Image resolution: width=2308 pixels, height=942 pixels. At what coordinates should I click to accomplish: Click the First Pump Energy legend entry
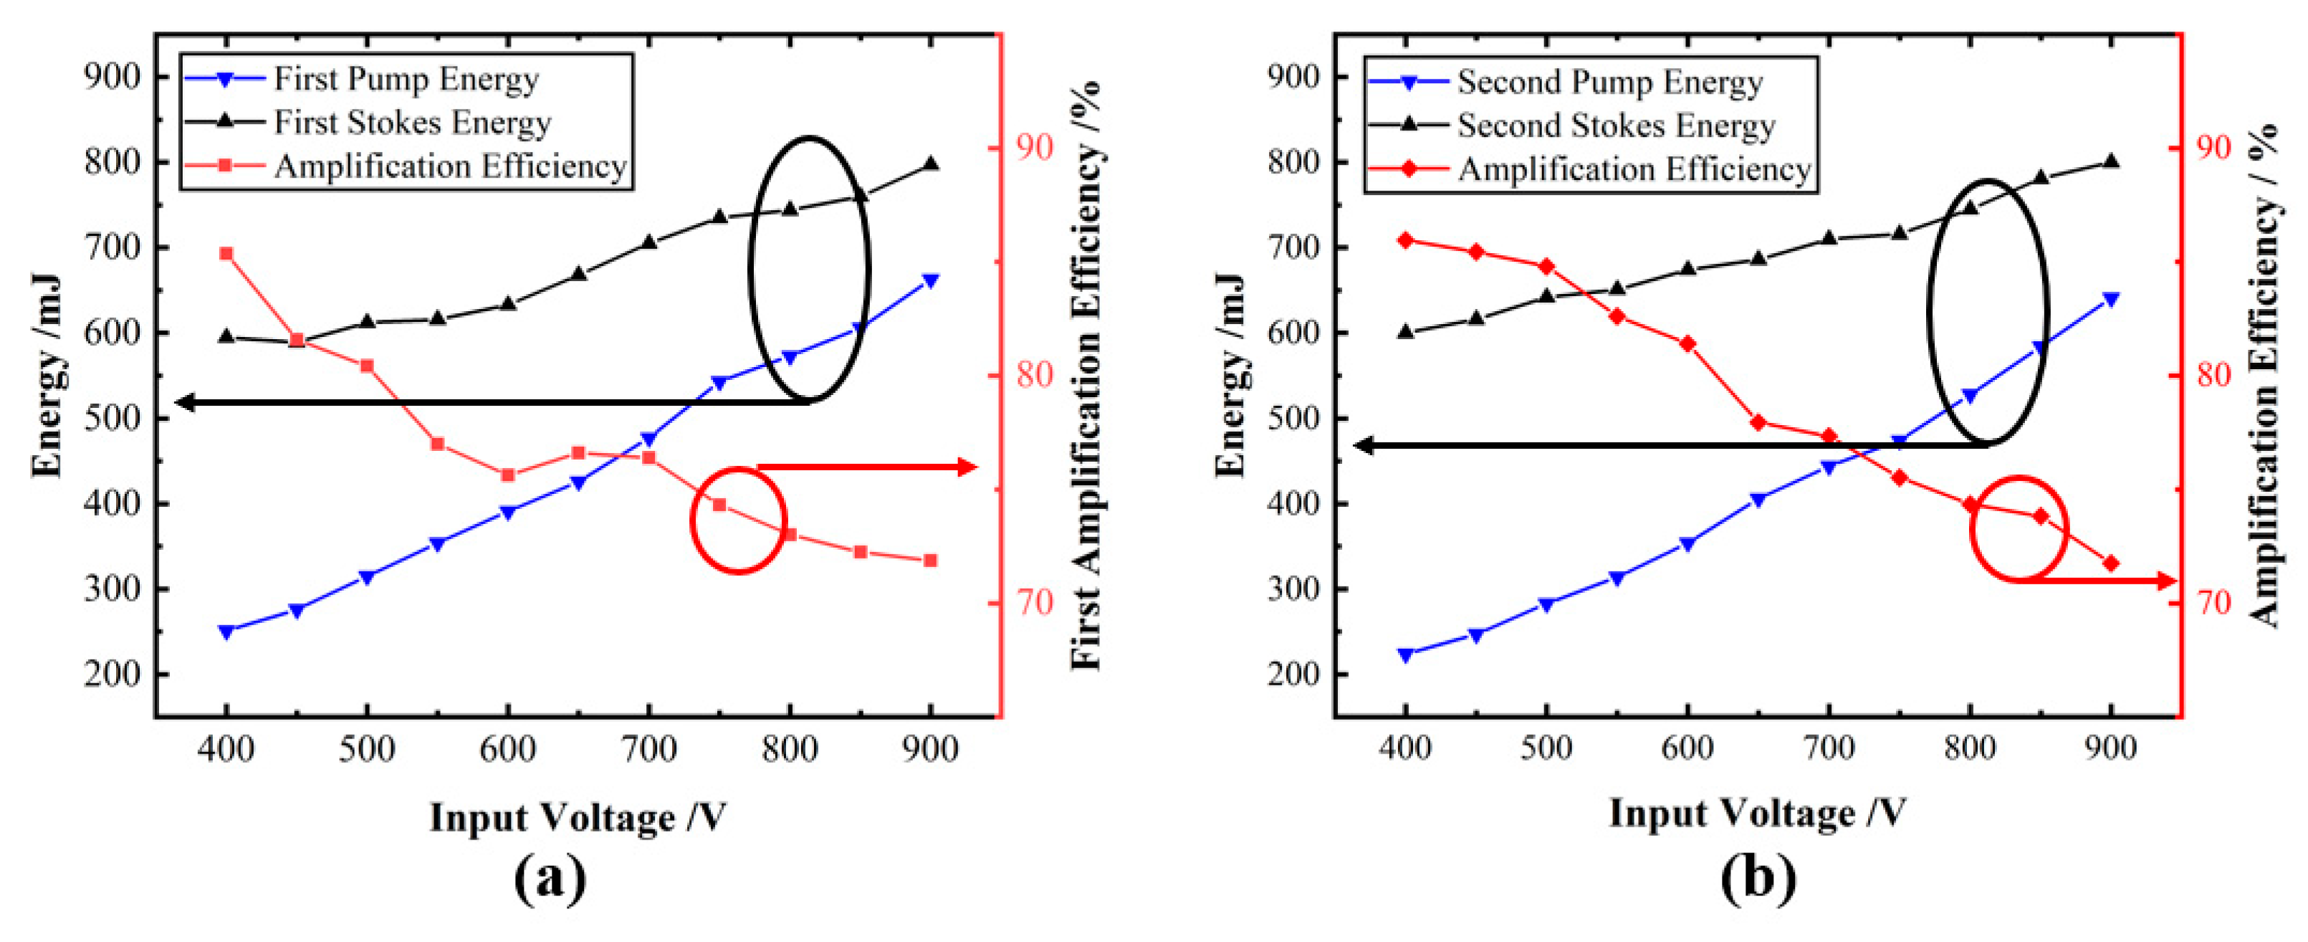pyautogui.click(x=405, y=79)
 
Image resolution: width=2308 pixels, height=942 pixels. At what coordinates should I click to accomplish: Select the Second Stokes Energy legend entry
pyautogui.click(x=1615, y=125)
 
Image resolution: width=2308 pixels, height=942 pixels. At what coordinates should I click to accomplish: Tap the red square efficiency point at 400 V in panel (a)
pyautogui.click(x=226, y=254)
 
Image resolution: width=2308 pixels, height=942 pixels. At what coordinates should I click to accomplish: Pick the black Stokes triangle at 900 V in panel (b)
pyautogui.click(x=2111, y=161)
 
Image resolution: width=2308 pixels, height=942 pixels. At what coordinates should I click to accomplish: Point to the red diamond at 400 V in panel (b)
pyautogui.click(x=1406, y=240)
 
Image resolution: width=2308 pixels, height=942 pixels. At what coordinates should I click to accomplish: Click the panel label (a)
pyautogui.click(x=551, y=878)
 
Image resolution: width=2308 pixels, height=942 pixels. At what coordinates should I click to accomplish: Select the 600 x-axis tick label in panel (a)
pyautogui.click(x=508, y=748)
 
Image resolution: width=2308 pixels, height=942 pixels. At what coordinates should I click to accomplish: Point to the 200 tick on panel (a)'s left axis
pyautogui.click(x=112, y=674)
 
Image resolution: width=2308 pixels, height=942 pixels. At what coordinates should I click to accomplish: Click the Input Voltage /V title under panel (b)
pyautogui.click(x=1757, y=812)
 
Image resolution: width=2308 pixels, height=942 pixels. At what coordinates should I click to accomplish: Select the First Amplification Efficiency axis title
pyautogui.click(x=1087, y=376)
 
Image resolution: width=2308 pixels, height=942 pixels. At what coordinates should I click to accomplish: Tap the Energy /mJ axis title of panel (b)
pyautogui.click(x=1230, y=376)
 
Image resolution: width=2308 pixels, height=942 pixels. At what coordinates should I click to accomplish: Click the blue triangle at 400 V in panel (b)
pyautogui.click(x=1406, y=655)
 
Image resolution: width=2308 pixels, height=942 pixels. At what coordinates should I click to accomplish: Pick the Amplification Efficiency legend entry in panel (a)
pyautogui.click(x=450, y=167)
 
